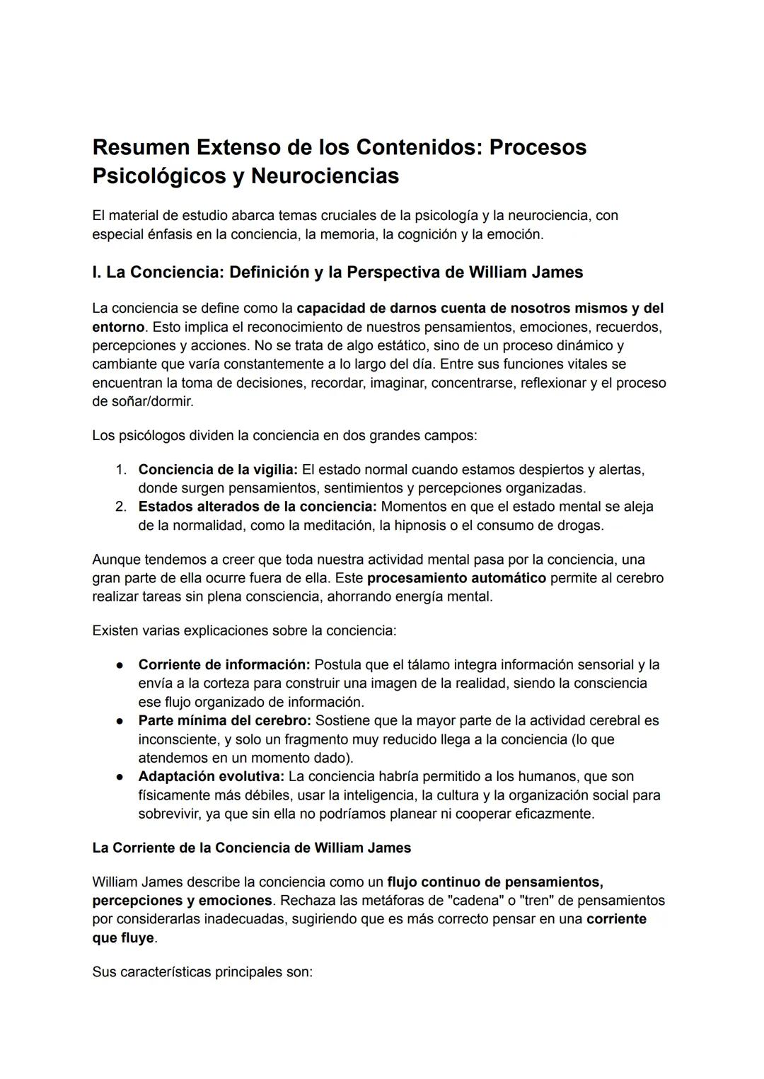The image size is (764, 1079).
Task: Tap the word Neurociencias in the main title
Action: [x=325, y=175]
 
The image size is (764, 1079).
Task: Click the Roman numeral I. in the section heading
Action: [x=97, y=272]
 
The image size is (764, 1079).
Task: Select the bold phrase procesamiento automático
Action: [x=456, y=578]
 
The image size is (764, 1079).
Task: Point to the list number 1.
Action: [x=121, y=470]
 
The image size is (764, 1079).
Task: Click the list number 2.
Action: [x=121, y=507]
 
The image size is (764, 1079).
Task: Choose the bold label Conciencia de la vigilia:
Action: [x=219, y=470]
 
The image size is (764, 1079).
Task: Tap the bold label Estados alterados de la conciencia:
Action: [x=257, y=507]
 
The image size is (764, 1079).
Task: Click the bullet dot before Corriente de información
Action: [x=121, y=665]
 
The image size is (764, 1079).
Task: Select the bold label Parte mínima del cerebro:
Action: [x=224, y=720]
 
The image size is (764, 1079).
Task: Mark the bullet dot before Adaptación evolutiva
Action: [x=121, y=777]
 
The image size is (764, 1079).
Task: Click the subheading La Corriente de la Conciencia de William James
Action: [x=251, y=848]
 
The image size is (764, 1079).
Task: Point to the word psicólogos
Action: [x=151, y=435]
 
